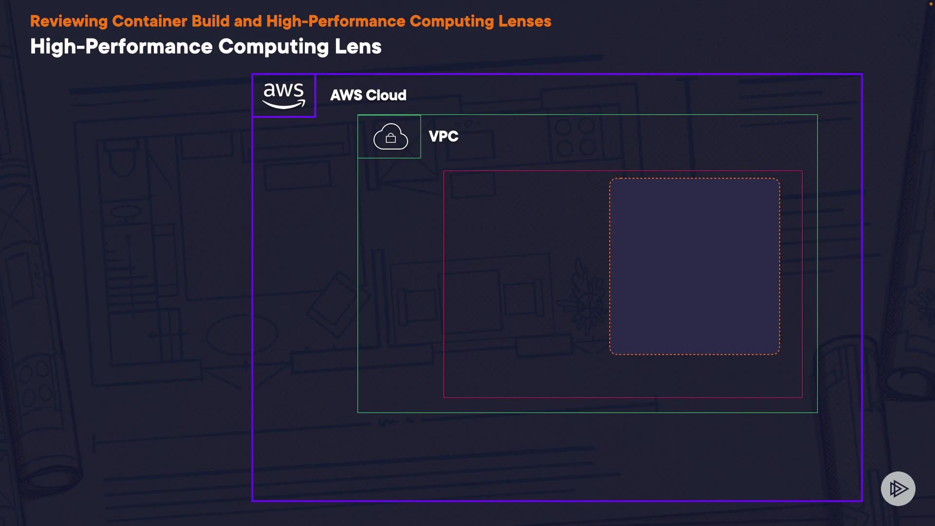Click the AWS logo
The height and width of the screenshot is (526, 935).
coord(284,95)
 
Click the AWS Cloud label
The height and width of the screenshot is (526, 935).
coord(368,95)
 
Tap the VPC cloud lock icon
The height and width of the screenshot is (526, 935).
coord(390,136)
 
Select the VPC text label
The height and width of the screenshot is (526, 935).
coord(443,136)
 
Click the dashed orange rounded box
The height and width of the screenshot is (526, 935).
coord(694,266)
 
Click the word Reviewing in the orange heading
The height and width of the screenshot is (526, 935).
coord(69,21)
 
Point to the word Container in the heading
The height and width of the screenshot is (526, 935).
coord(150,21)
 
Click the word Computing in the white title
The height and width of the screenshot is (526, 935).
coord(274,47)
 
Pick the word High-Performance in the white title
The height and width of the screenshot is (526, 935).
coord(121,47)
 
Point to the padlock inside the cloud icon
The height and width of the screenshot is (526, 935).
coord(391,139)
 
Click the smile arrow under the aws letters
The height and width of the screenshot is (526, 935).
coord(284,105)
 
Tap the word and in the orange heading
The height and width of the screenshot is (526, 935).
coord(248,21)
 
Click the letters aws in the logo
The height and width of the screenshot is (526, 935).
coord(283,91)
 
